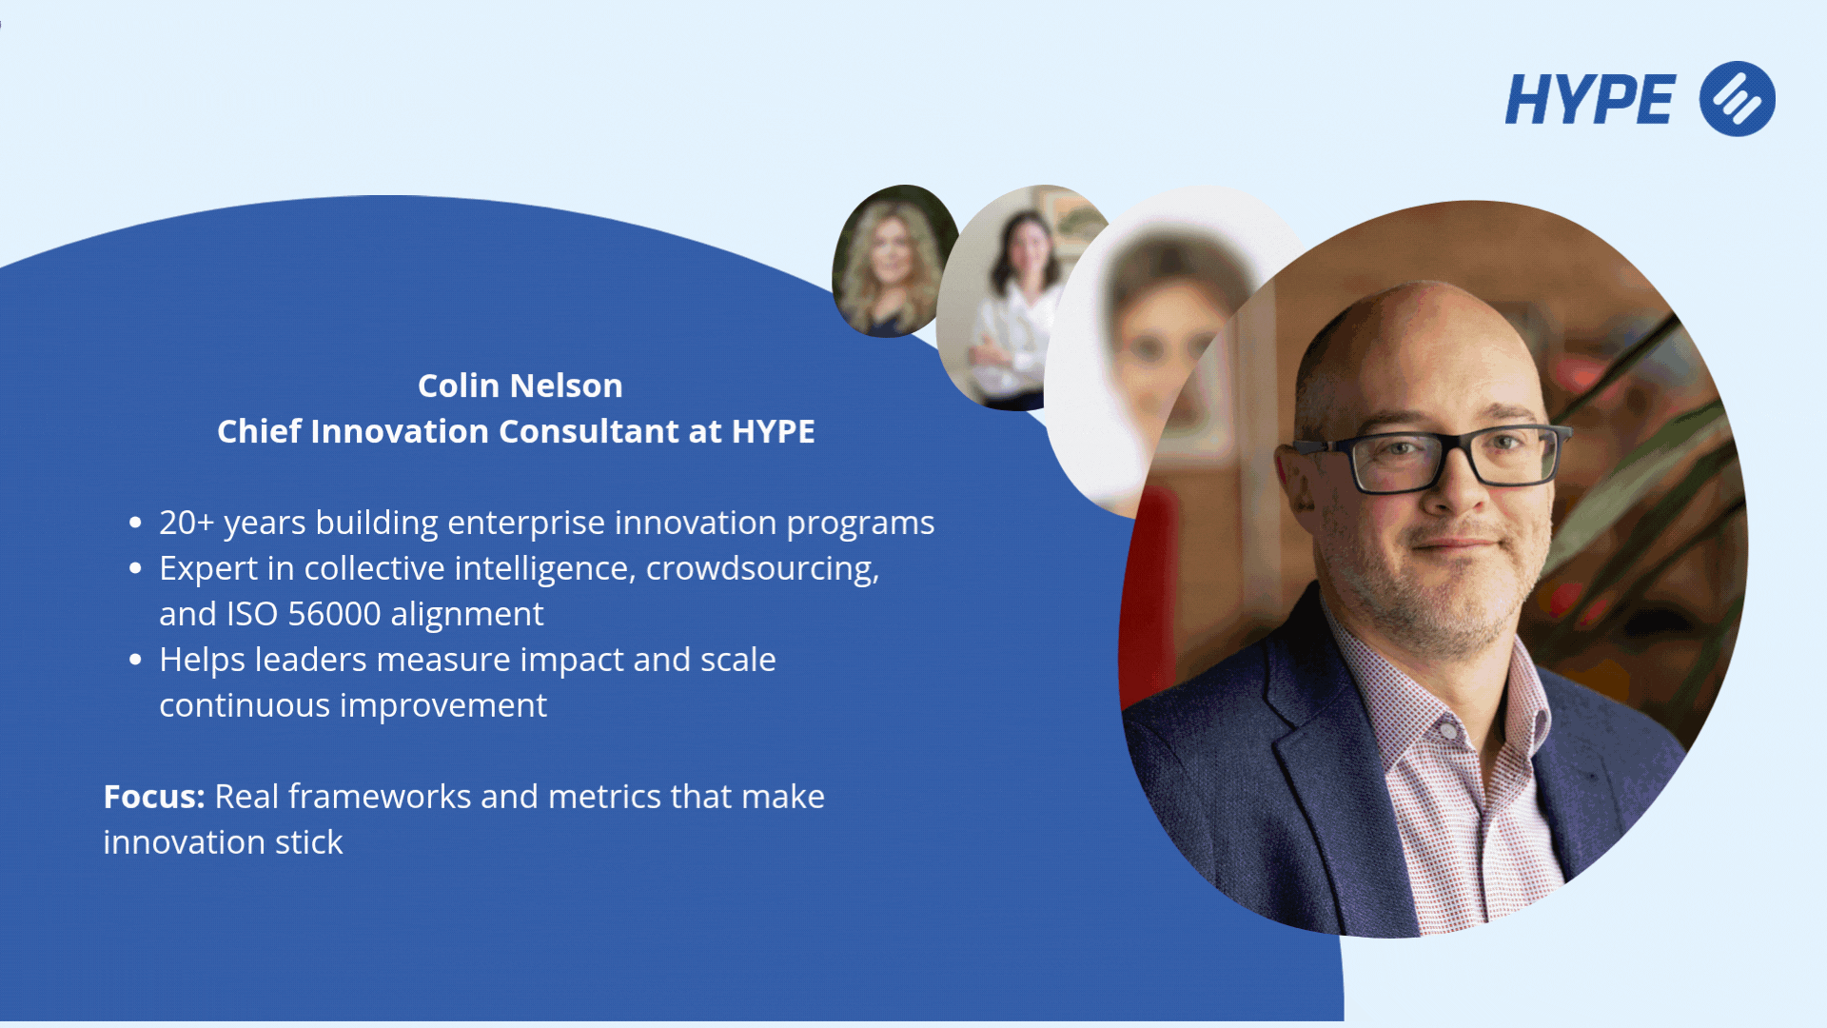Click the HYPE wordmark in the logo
1590,99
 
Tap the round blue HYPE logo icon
1738,99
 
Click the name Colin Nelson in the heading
521,385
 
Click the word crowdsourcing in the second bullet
762,569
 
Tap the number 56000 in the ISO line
334,614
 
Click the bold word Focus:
154,797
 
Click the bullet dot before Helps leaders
135,660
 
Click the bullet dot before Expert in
135,568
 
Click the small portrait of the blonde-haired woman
893,261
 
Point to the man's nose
1464,485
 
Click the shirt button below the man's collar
1446,731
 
